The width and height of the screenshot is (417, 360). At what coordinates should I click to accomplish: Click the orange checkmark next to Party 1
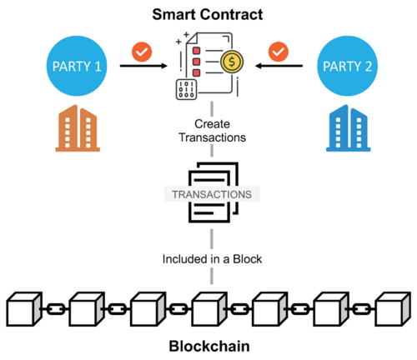(x=143, y=52)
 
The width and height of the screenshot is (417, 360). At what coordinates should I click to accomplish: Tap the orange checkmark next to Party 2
(x=279, y=52)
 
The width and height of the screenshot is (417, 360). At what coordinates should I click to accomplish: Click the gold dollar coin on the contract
(x=230, y=62)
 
